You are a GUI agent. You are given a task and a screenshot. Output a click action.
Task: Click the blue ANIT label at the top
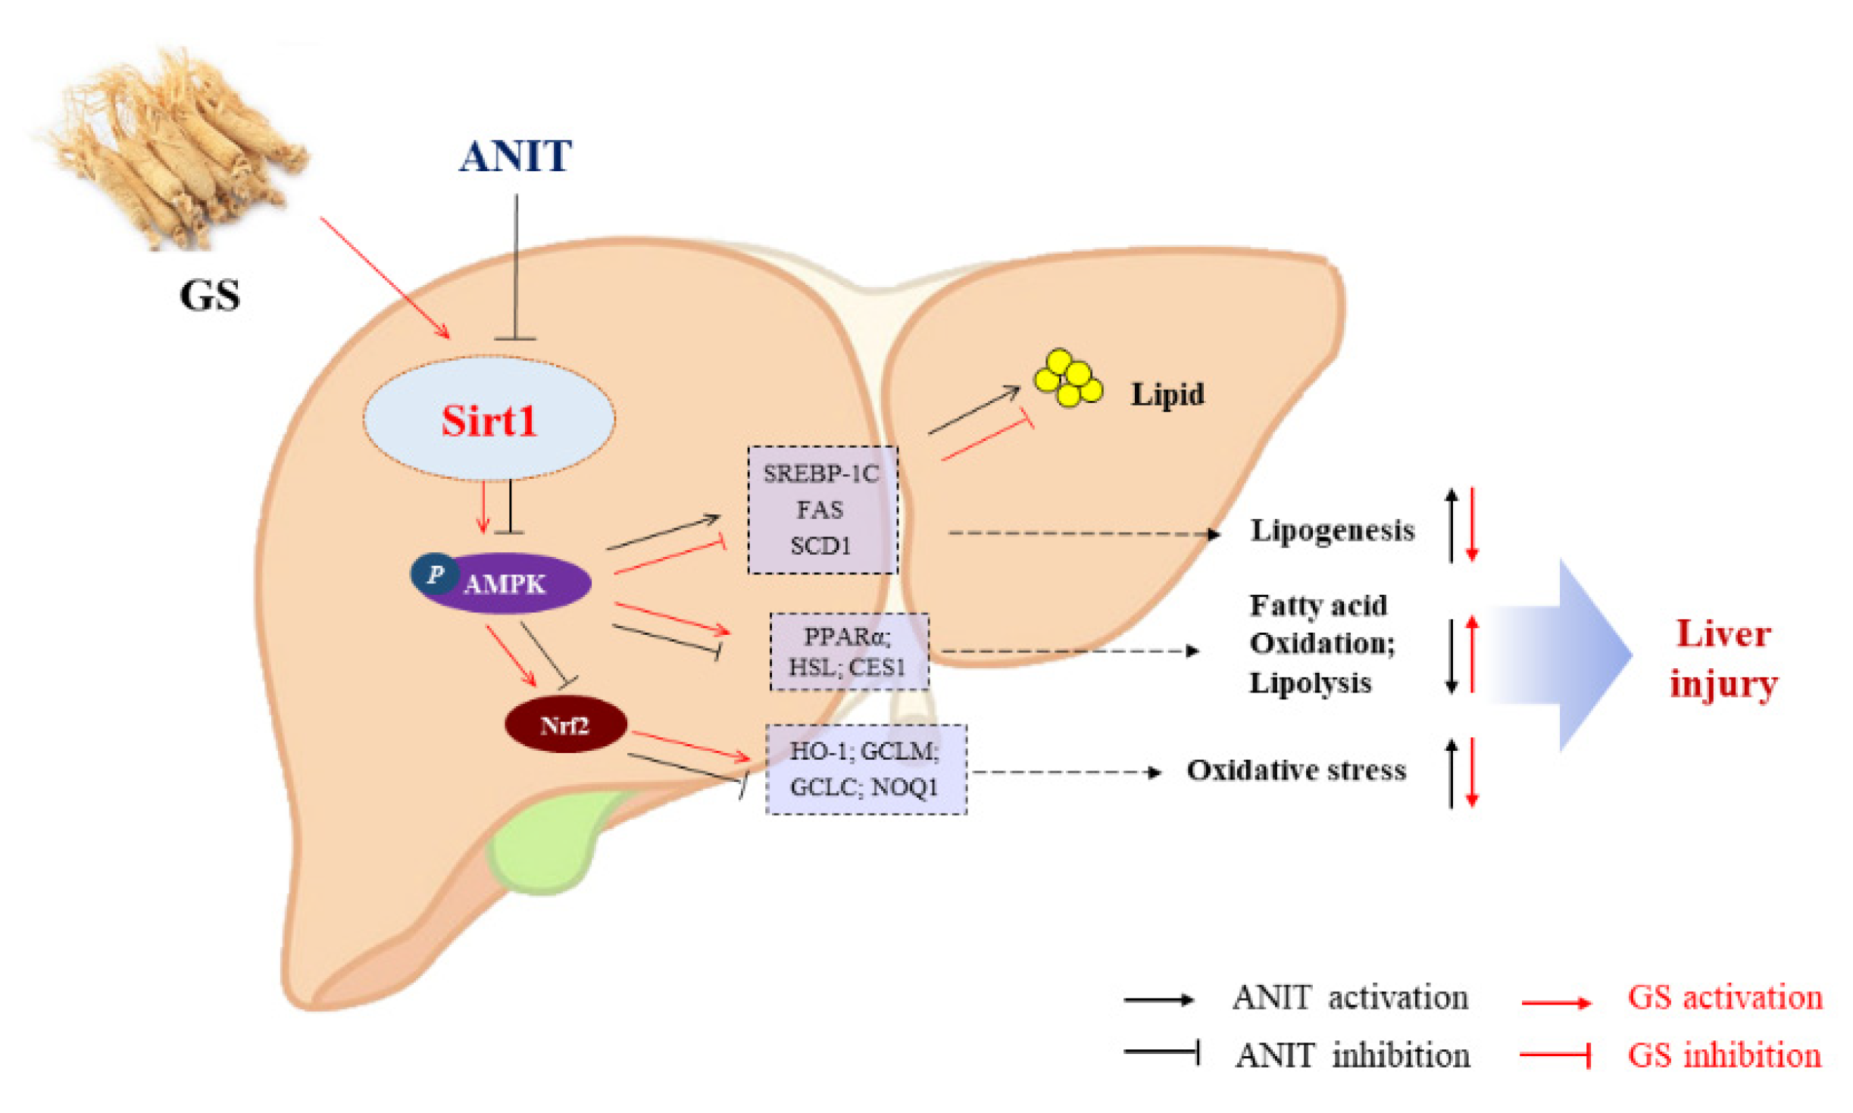(515, 157)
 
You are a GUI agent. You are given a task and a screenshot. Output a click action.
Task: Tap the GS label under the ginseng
(209, 295)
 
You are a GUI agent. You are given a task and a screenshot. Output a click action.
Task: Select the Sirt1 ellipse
(489, 421)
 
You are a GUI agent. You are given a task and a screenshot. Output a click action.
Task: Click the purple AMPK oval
(515, 583)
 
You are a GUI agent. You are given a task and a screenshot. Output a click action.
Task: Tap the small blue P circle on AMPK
(434, 574)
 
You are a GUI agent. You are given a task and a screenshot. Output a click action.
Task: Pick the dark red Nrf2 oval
(565, 725)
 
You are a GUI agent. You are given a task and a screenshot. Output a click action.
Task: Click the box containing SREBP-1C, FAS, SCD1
(823, 510)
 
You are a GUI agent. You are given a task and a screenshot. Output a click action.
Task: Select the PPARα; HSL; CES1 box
(848, 652)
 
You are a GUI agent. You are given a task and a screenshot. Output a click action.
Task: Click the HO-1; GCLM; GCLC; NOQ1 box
(865, 769)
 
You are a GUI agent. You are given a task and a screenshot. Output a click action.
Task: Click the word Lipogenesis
(1332, 530)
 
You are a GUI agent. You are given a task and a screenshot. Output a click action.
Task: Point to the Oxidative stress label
(1295, 771)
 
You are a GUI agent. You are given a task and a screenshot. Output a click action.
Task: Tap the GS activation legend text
(1724, 998)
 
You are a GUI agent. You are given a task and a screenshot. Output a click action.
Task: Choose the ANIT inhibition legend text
(1352, 1055)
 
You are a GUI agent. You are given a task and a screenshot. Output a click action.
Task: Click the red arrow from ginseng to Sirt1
(384, 277)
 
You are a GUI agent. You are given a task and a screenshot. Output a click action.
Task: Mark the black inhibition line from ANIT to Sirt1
(516, 265)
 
